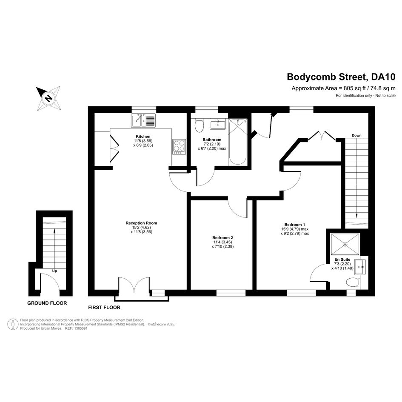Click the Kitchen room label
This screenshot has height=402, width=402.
(x=143, y=137)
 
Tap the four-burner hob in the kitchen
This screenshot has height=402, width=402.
(x=179, y=147)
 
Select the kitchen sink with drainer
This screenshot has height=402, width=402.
(x=143, y=120)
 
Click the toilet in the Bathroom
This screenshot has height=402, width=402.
(x=199, y=125)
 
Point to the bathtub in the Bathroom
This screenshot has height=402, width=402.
(x=238, y=142)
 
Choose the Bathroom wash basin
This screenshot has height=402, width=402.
(x=218, y=124)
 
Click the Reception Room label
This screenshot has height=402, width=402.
(x=141, y=223)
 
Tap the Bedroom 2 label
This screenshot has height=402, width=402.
(x=222, y=238)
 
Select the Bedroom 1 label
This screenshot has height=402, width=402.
(x=294, y=225)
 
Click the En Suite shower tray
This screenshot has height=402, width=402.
(x=345, y=244)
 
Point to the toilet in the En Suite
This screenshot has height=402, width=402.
(x=353, y=282)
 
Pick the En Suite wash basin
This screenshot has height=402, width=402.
(x=361, y=267)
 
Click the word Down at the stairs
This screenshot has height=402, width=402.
(x=356, y=135)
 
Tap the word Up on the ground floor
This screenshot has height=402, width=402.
(x=54, y=271)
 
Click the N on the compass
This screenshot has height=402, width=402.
(x=48, y=98)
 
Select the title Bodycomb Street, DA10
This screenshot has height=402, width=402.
(x=341, y=77)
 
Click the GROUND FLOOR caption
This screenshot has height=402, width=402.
(x=47, y=303)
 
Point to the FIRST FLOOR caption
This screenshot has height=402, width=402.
(x=104, y=308)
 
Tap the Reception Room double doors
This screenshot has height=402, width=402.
(x=134, y=285)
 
